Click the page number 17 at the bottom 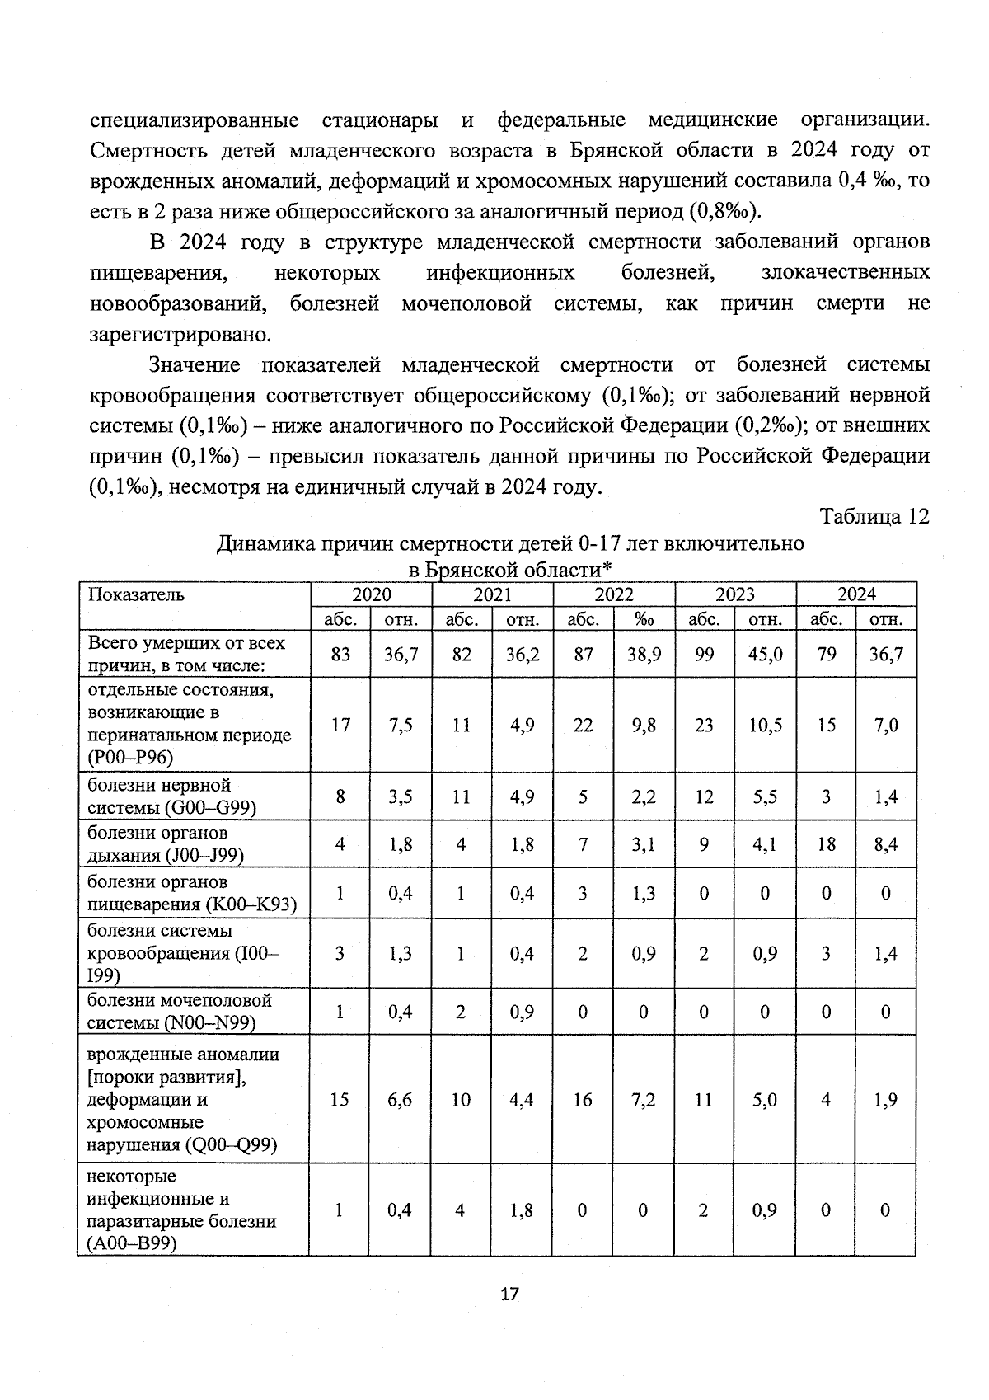509,1294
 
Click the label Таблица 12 874,516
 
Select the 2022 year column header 614,594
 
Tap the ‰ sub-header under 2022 644,619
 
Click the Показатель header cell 136,594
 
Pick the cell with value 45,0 766,655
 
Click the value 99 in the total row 704,655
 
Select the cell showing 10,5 766,726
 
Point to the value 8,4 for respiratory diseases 886,844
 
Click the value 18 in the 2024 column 826,844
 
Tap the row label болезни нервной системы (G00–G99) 171,796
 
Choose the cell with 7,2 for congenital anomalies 644,1100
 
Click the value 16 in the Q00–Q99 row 583,1100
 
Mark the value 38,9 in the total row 644,655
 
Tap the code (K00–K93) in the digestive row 251,904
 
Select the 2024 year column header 856,594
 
